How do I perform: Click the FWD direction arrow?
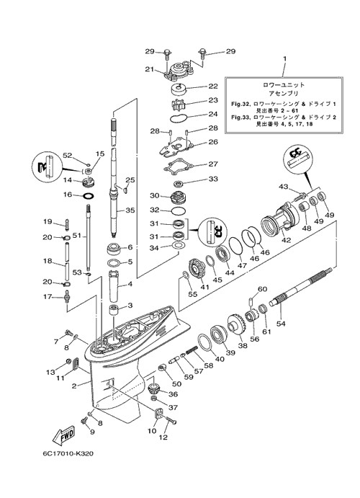coord(64,435)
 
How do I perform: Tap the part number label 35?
coord(130,210)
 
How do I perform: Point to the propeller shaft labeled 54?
coord(301,286)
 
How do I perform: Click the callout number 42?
coord(286,240)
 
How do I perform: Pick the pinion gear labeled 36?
coord(154,388)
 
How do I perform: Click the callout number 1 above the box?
coord(284,59)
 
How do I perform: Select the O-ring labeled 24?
coord(179,117)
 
